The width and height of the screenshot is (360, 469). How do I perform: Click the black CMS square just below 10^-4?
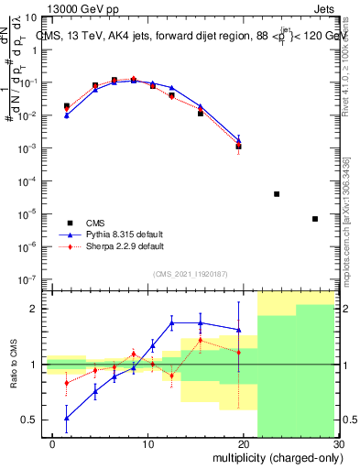(x=277, y=194)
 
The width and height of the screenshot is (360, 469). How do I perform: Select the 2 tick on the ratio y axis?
(x=39, y=309)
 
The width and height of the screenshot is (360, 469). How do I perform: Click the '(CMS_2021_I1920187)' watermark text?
(x=191, y=273)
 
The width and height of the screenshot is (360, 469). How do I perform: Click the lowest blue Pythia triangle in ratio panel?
(x=66, y=418)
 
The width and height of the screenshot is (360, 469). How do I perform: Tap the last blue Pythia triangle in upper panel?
(x=238, y=139)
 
